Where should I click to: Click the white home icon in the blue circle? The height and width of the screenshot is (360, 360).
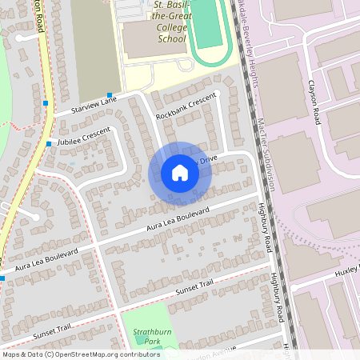tap(180, 173)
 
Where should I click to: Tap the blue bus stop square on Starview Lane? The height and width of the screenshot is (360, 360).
tap(109, 94)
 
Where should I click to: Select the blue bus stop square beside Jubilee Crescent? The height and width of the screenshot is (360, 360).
tap(49, 144)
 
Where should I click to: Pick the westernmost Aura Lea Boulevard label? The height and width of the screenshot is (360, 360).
tap(46, 259)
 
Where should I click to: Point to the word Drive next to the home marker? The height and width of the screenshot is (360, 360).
tap(208, 159)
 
